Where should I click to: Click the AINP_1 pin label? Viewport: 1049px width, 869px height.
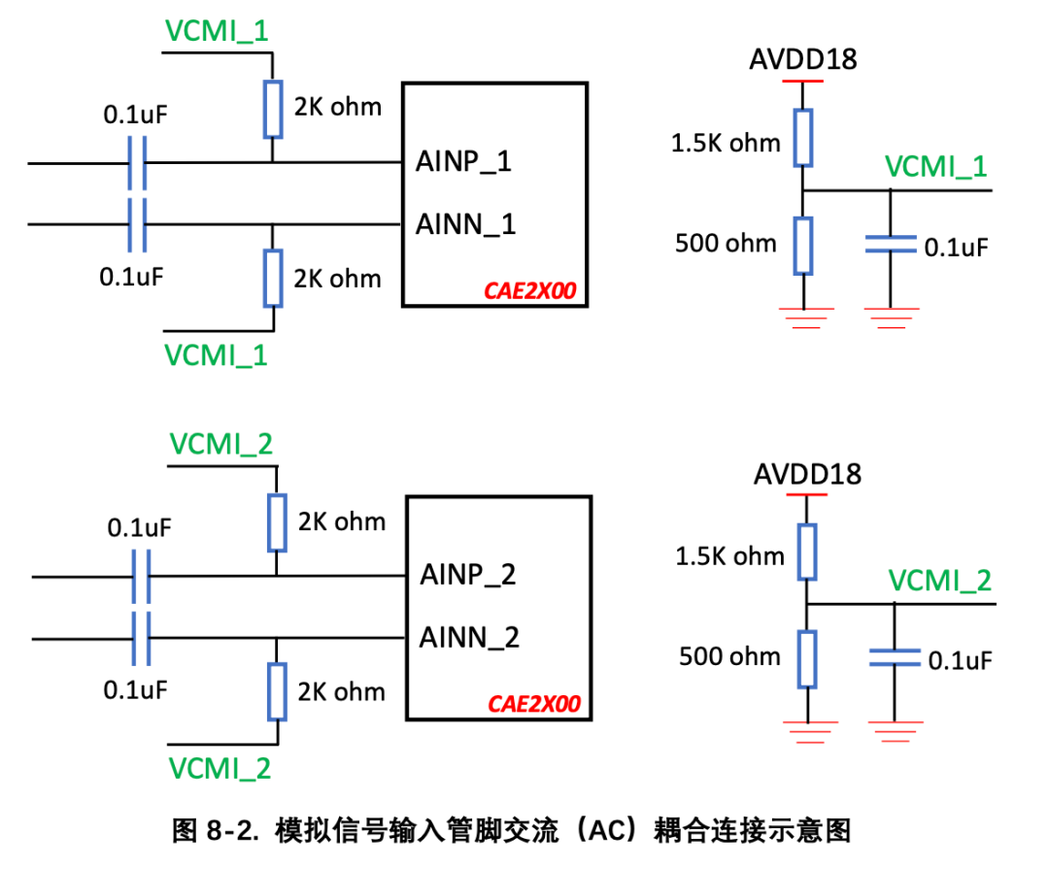tap(463, 162)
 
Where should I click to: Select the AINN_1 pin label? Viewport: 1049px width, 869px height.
tap(465, 225)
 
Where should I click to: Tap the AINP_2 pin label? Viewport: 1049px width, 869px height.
tap(467, 576)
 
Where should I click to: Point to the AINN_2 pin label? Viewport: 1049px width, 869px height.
tap(470, 638)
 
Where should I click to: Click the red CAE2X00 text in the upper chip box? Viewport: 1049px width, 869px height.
tap(530, 291)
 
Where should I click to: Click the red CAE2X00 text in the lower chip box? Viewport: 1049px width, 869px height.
tap(534, 705)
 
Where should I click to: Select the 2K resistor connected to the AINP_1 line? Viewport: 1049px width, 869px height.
tap(272, 109)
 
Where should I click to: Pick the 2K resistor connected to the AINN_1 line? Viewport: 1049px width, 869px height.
tap(273, 279)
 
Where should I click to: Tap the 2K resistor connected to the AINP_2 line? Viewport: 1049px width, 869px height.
tap(277, 522)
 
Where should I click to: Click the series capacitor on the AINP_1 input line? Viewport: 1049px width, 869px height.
tap(137, 163)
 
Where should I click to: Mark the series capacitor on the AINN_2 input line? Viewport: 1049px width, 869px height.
tap(141, 639)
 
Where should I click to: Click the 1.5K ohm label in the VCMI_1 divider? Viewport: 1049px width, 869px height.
tap(726, 143)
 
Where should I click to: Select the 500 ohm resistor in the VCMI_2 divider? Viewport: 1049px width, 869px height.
tap(807, 659)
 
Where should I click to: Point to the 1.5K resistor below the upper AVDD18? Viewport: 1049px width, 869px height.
tap(803, 138)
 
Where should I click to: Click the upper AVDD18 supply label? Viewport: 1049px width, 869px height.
tap(803, 59)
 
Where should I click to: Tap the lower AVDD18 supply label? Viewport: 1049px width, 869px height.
tap(807, 474)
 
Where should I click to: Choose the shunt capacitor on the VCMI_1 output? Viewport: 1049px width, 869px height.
tap(891, 244)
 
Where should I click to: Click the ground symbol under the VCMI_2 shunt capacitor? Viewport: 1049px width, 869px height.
tap(896, 732)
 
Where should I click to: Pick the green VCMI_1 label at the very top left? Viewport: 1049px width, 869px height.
tap(217, 31)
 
